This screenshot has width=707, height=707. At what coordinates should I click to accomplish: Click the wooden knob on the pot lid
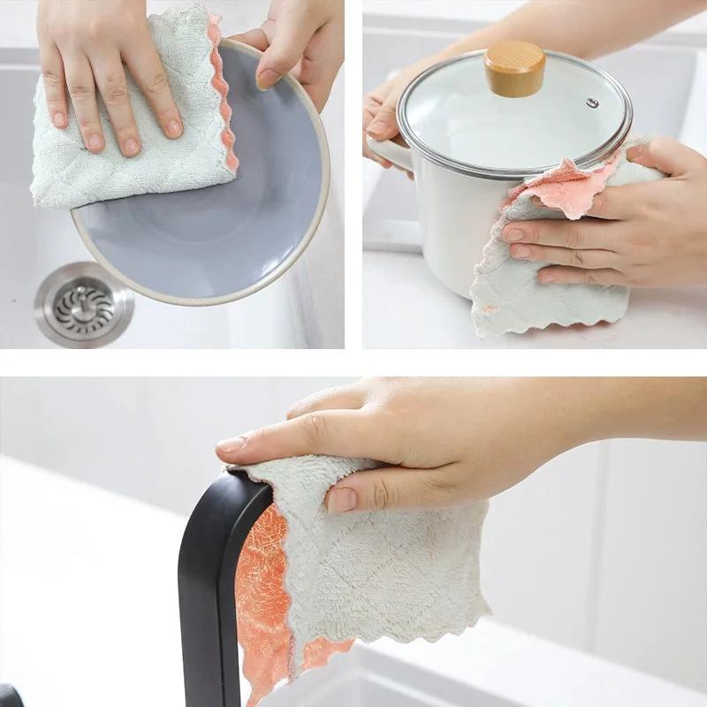(x=514, y=67)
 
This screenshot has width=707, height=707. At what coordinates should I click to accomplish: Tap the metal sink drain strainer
(x=84, y=306)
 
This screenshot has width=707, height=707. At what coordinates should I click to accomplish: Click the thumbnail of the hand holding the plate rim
(x=268, y=78)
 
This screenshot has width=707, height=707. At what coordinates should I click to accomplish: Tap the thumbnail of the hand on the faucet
(x=341, y=499)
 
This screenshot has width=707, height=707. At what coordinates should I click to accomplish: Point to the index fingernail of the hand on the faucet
(x=232, y=445)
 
